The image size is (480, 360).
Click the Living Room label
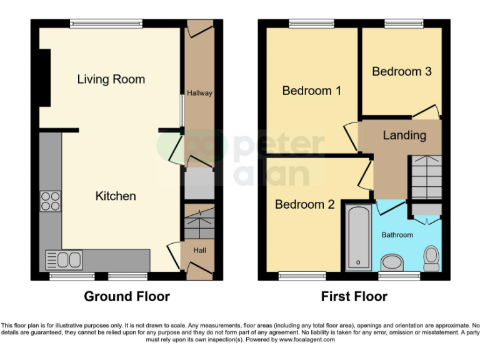click(x=111, y=79)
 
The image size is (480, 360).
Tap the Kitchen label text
click(x=115, y=196)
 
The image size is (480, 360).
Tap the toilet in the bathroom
click(x=431, y=256)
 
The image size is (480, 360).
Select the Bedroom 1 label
click(x=311, y=91)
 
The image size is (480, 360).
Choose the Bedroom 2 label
click(x=304, y=204)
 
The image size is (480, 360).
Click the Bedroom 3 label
click(x=401, y=71)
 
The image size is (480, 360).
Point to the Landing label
click(x=404, y=135)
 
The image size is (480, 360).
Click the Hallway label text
click(x=199, y=93)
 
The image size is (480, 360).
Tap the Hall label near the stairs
click(x=199, y=250)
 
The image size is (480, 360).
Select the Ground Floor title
click(x=127, y=296)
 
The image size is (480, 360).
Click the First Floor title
click(x=354, y=296)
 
